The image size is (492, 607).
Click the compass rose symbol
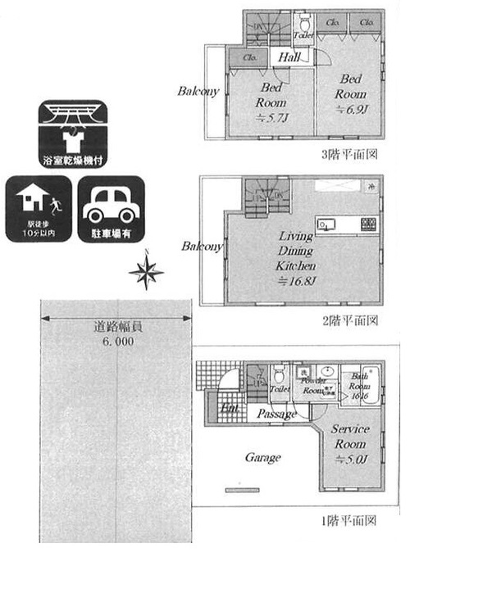146,272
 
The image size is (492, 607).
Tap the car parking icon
112,209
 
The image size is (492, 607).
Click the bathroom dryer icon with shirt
73,134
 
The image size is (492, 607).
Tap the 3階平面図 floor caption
348,154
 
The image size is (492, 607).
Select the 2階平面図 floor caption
349,319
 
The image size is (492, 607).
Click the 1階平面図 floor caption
348,520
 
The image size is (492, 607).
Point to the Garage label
262,457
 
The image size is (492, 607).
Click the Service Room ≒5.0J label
350,443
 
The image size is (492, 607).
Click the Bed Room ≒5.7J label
271,103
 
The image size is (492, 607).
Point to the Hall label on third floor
289,58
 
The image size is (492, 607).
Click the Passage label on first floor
276,414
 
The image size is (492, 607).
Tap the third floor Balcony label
198,91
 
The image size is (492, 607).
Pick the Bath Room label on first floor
361,385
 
